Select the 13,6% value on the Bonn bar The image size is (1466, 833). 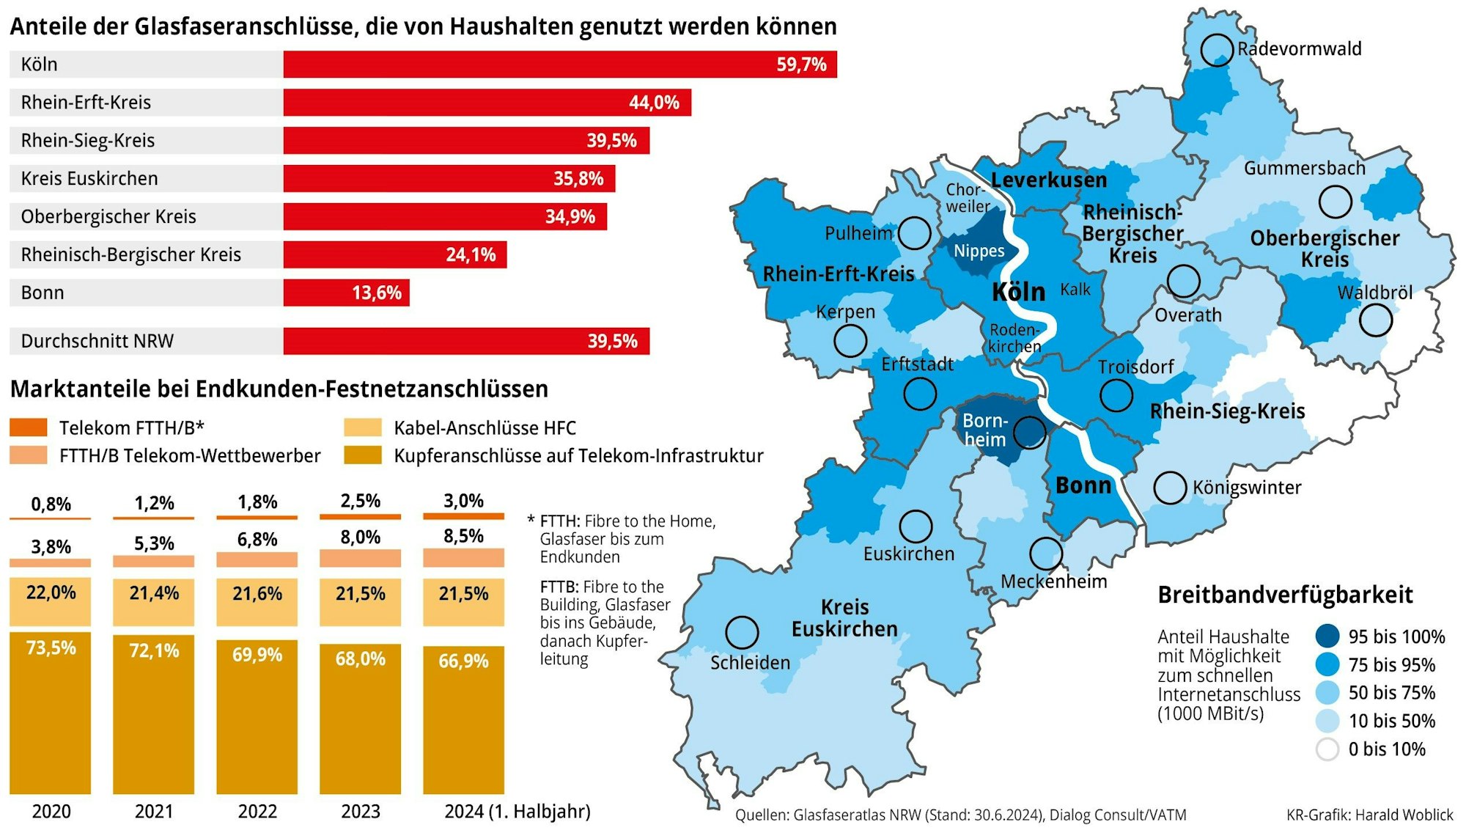[x=376, y=293]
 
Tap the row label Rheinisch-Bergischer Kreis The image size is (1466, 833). [x=130, y=254]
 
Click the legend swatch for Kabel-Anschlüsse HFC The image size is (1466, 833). [x=363, y=427]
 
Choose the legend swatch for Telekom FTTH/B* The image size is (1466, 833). [x=29, y=427]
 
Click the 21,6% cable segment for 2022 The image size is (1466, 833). [x=257, y=601]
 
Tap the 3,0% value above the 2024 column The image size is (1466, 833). [x=463, y=501]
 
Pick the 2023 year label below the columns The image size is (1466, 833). [x=360, y=812]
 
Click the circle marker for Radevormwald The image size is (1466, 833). [x=1217, y=50]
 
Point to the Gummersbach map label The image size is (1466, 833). [x=1304, y=169]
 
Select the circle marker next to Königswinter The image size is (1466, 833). [x=1170, y=488]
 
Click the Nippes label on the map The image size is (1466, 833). [x=979, y=252]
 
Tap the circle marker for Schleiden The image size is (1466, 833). [x=742, y=632]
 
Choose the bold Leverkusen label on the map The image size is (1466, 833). [x=1048, y=180]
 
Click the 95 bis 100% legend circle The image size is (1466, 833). [x=1327, y=636]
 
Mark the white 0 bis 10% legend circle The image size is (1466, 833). [x=1327, y=749]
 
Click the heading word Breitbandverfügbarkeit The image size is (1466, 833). [x=1285, y=595]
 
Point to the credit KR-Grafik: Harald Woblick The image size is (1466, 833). [x=1369, y=815]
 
